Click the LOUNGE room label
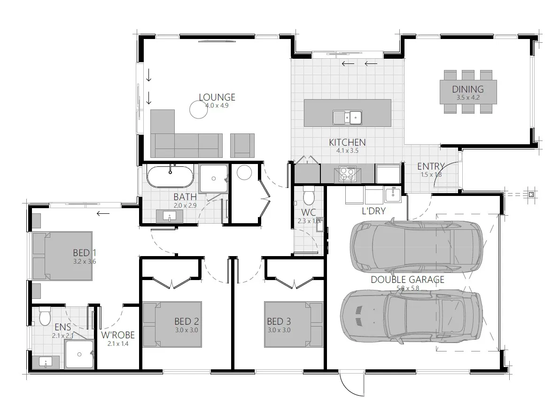(217, 97)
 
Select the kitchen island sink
(347, 116)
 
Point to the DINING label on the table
(467, 89)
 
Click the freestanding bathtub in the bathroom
(170, 176)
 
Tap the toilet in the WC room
(309, 194)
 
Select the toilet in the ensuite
(45, 316)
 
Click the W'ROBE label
(118, 335)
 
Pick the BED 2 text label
(186, 321)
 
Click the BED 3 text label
(279, 321)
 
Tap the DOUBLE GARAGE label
(407, 280)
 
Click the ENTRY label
(430, 166)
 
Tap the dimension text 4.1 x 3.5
(347, 151)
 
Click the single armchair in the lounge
(242, 145)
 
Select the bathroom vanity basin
(170, 217)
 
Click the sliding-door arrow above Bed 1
(103, 213)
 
